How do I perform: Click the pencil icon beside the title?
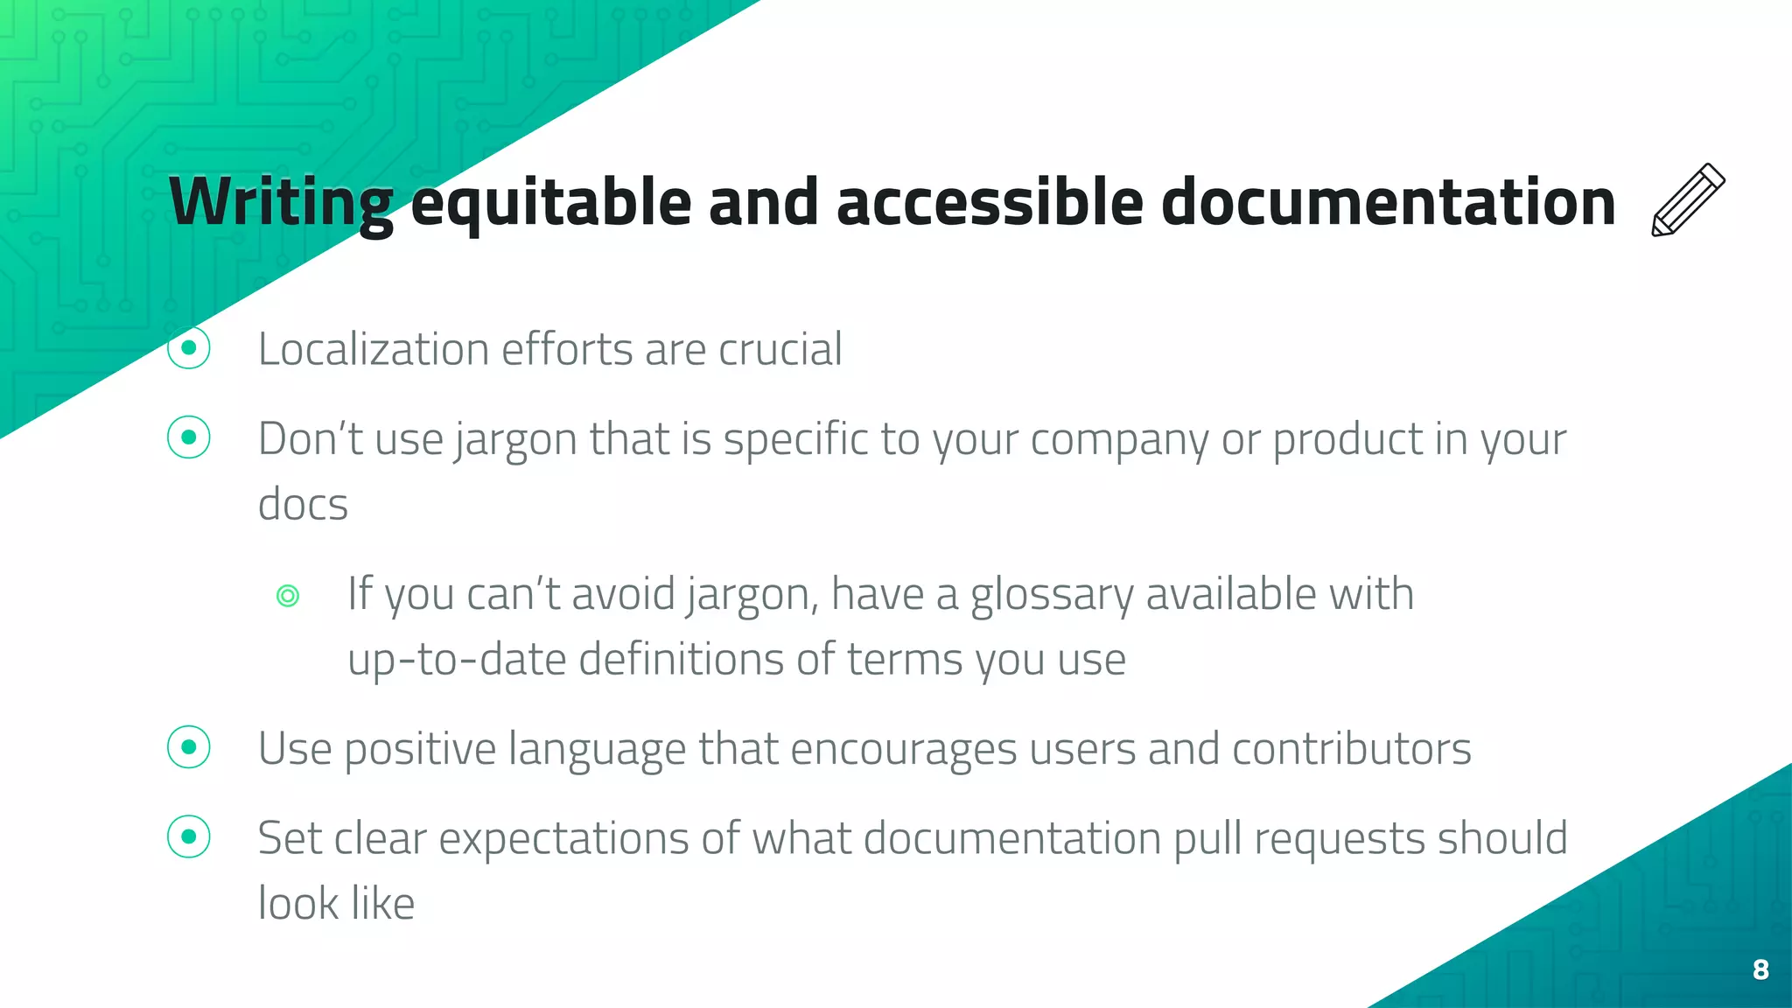point(1688,199)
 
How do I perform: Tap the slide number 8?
point(1760,969)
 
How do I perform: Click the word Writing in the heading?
point(281,203)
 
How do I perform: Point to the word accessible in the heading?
point(990,203)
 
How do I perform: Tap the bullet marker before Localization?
point(189,348)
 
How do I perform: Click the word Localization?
point(373,349)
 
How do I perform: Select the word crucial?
point(780,349)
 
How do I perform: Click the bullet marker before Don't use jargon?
point(189,437)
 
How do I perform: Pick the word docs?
point(303,504)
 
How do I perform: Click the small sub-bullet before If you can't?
point(288,596)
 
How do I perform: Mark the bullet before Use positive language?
point(189,748)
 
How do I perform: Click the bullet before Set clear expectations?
point(189,837)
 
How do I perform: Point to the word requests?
point(1339,840)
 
